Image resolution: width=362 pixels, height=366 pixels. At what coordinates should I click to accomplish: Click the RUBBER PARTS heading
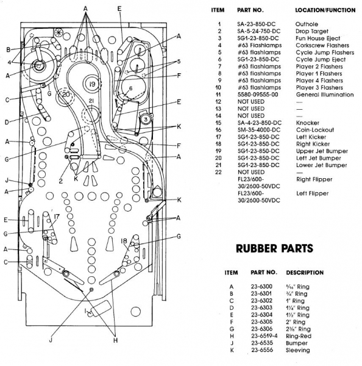coord(274,248)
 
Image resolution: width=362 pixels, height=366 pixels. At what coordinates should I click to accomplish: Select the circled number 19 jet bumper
coord(93,84)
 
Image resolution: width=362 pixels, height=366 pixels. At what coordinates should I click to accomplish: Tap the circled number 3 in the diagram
coord(146,120)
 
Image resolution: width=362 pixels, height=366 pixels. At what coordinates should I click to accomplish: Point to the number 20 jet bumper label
coord(66,95)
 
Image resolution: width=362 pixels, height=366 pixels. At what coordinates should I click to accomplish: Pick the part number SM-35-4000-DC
coord(259,130)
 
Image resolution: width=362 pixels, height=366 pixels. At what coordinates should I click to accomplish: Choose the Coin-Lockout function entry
coord(315,130)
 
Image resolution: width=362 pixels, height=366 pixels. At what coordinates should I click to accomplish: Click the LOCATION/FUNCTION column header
coord(325,10)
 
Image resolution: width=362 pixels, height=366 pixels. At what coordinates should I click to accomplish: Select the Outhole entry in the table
coord(307,24)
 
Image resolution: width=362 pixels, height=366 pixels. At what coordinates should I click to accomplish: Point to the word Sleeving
coord(297,350)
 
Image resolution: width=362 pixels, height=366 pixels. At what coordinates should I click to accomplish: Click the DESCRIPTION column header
coord(305,273)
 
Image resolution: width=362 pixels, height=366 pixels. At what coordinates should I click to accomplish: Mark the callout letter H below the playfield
coord(115,340)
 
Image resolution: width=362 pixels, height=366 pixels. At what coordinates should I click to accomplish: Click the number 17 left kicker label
coord(57,217)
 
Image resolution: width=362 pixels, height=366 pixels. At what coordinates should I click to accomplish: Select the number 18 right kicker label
coord(124,241)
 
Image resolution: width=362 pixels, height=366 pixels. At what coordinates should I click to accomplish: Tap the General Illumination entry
coord(325,95)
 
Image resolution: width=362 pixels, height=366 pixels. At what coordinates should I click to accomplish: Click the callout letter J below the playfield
coord(51,340)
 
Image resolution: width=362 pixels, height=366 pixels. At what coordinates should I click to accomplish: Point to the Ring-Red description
coord(299,336)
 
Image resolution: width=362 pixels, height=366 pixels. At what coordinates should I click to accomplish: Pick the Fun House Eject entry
coord(318,38)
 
